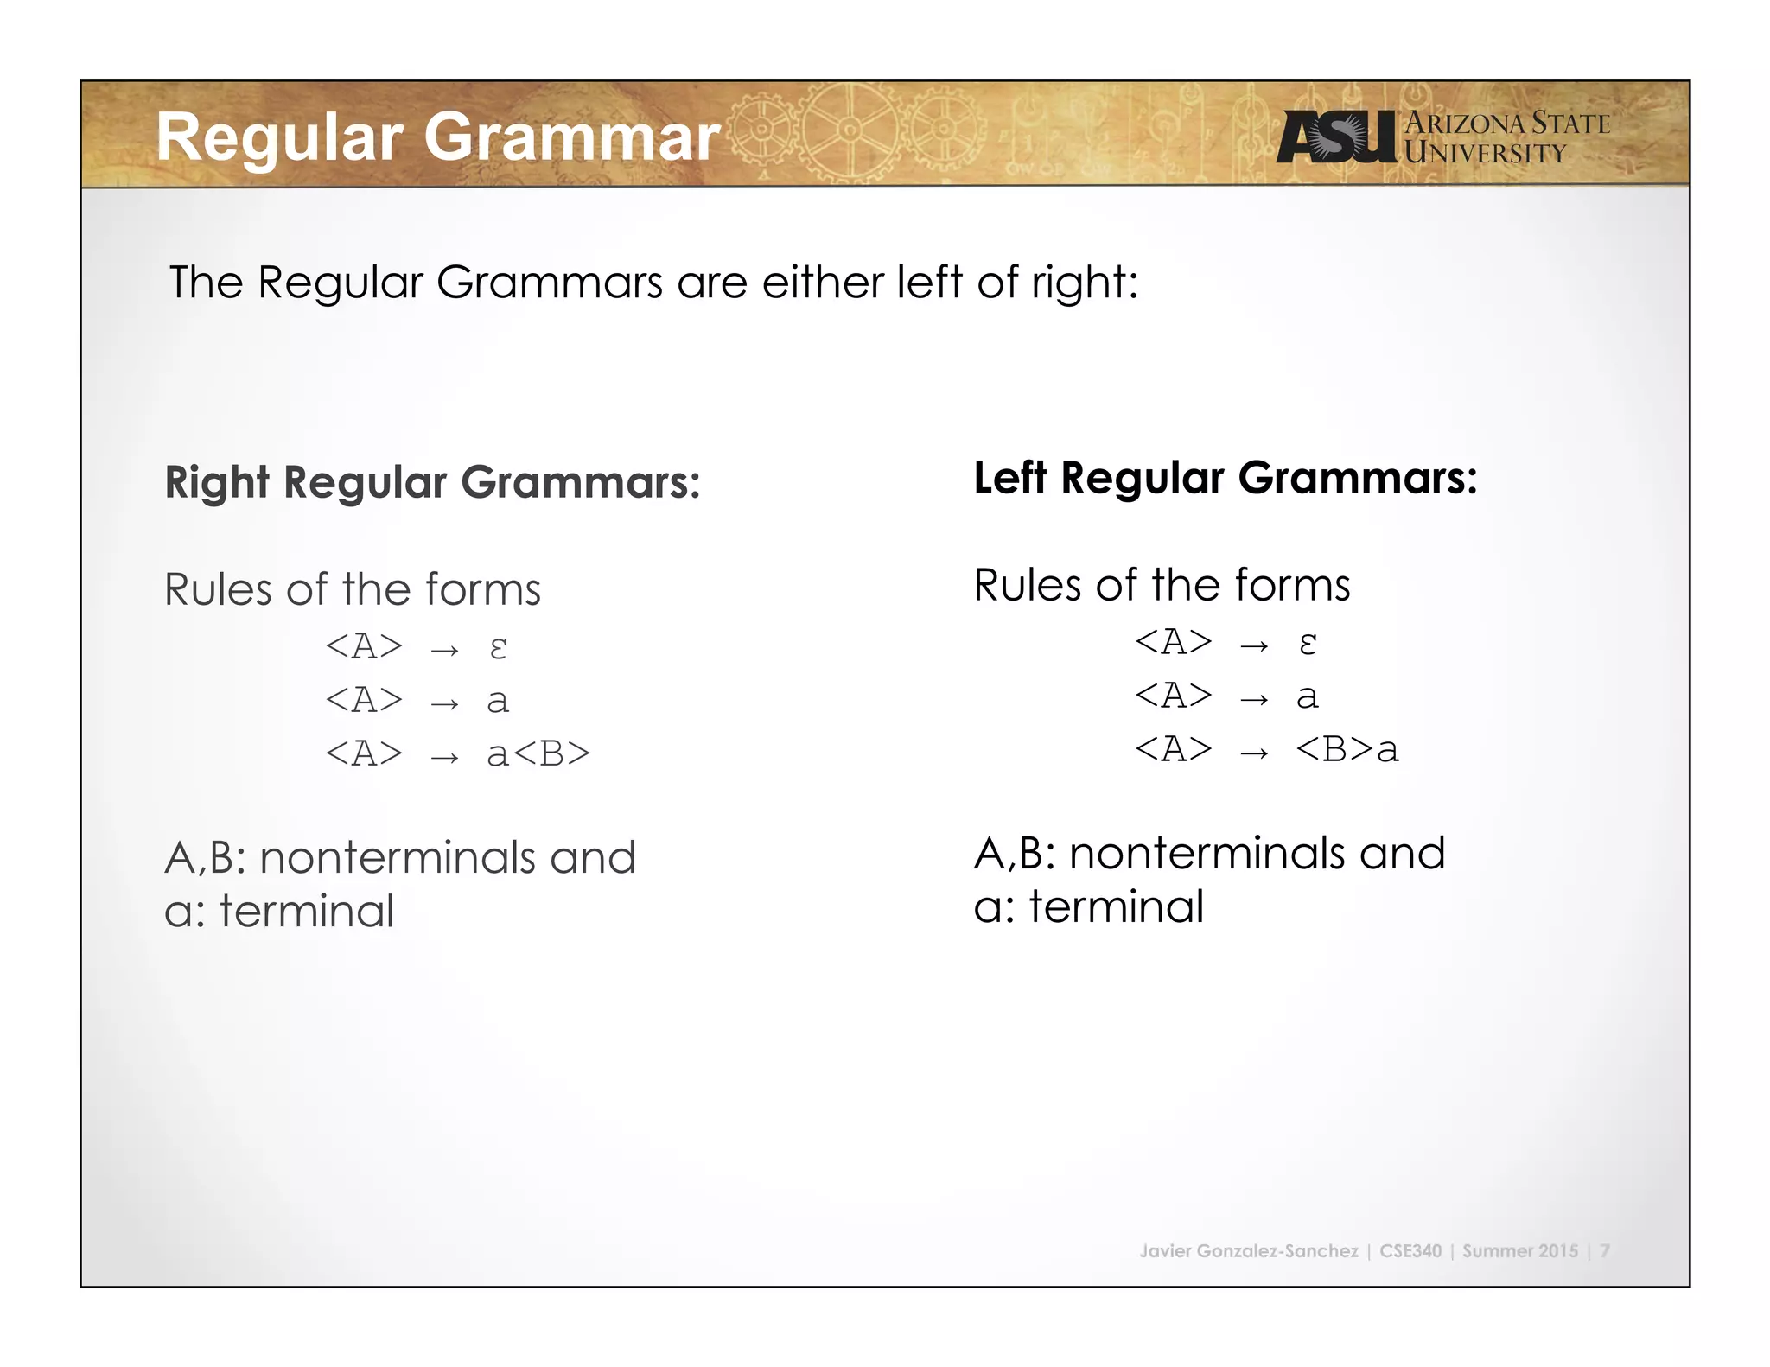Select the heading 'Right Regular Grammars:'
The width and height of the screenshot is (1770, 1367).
(432, 482)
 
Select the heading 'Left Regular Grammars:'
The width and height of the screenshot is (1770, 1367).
(1226, 478)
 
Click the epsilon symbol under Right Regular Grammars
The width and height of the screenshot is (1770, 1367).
(498, 647)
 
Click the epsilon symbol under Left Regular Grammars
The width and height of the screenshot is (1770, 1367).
(1308, 643)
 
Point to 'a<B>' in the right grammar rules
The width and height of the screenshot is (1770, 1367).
(538, 753)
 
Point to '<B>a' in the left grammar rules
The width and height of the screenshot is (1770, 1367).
(1347, 749)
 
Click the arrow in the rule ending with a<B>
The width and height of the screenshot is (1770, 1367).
(444, 757)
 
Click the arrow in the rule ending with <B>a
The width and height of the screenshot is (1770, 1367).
(1254, 753)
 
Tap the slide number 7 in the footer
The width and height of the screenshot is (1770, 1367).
(1605, 1250)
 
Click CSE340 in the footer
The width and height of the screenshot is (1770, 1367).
(1410, 1250)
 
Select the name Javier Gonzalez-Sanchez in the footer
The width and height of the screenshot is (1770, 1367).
(1249, 1250)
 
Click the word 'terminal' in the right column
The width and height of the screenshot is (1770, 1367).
(1117, 906)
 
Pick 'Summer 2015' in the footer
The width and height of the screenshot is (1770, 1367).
(1520, 1250)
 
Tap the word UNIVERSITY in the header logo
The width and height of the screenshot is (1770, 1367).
(1485, 154)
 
